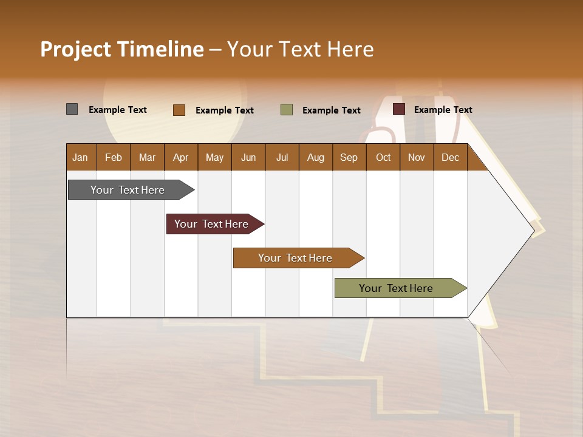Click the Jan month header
point(81,157)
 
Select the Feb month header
point(114,157)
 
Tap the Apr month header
point(181,157)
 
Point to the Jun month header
point(248,157)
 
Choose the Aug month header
point(316,157)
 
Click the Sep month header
point(349,157)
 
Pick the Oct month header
point(383,157)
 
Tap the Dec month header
point(451,157)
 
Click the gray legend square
point(72,109)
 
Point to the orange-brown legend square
point(179,110)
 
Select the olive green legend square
point(287,110)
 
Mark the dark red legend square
point(399,109)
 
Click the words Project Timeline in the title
point(122,49)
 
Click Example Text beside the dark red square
point(443,110)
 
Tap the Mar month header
point(148,157)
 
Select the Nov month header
point(417,157)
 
